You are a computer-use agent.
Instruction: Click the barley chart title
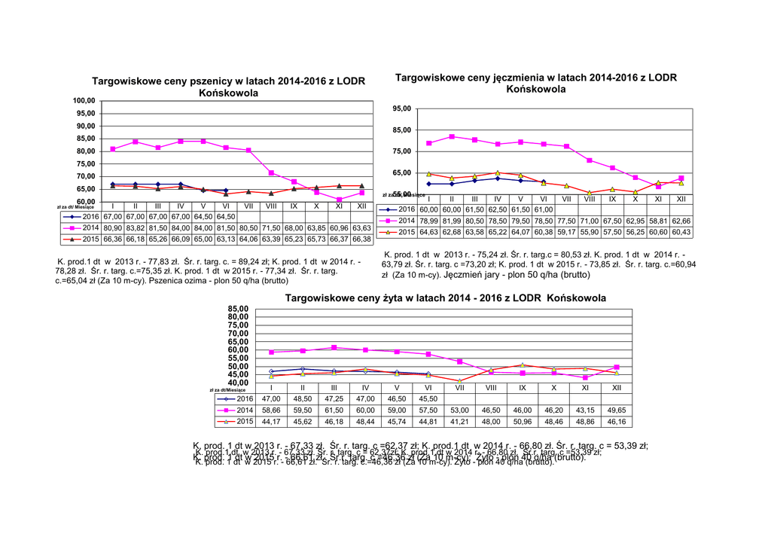[x=536, y=83]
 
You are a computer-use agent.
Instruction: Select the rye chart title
[x=446, y=298]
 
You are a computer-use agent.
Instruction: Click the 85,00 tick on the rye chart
[x=237, y=309]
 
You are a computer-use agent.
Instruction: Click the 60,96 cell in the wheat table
[x=340, y=227]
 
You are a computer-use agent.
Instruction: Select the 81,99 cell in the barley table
[x=452, y=221]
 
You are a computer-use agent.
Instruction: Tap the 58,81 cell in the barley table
[x=658, y=221]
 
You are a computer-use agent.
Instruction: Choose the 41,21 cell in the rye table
[x=459, y=421]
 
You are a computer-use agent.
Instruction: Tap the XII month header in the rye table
[x=616, y=387]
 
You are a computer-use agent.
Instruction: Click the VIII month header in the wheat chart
[x=271, y=206]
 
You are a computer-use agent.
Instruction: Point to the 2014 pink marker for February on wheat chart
[x=136, y=142]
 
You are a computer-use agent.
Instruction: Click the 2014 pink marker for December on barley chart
[x=681, y=178]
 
